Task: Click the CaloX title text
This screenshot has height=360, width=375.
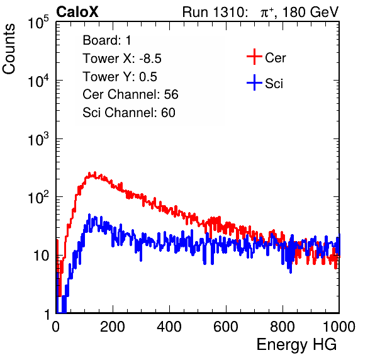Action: point(77,12)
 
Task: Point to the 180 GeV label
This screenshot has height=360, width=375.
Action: point(310,12)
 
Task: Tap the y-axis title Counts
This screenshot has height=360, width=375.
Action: point(9,48)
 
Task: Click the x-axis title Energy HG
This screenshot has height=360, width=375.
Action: point(296,345)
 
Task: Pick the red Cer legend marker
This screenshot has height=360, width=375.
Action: point(254,57)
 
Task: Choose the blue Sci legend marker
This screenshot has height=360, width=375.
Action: point(254,82)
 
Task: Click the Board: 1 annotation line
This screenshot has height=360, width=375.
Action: point(107,40)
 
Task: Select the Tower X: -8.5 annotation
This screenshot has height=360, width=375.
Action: point(122,59)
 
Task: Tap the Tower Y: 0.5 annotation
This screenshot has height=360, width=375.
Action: point(120,77)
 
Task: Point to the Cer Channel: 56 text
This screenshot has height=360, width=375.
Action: point(130,94)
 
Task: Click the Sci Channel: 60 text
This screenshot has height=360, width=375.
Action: point(129,113)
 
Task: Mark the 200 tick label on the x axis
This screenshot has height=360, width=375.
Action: point(113,327)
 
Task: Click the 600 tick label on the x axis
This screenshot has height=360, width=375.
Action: point(226,327)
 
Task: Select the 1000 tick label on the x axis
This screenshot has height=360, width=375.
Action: point(339,327)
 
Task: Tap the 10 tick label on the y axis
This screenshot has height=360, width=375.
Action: point(42,256)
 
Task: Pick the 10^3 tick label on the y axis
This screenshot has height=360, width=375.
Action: point(38,138)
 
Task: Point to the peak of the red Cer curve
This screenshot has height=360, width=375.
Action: point(95,172)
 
